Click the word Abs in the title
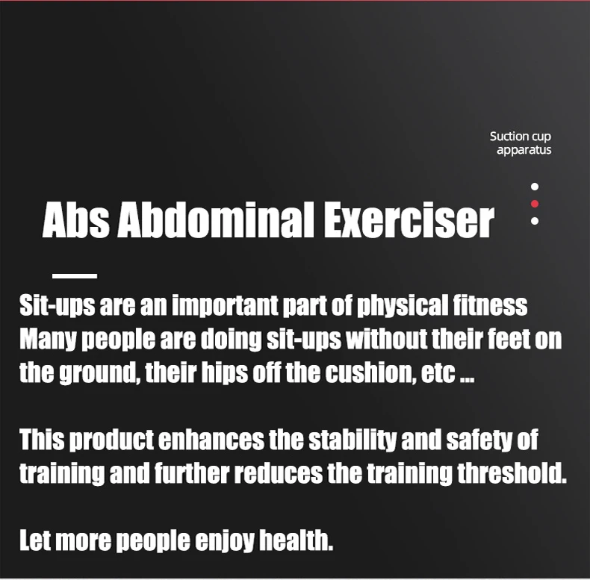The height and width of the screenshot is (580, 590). [76, 219]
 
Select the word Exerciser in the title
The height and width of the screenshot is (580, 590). [409, 219]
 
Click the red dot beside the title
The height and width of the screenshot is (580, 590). [534, 204]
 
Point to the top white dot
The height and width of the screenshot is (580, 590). [534, 187]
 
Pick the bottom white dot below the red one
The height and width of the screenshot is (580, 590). [534, 221]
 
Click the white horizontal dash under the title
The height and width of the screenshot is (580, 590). [75, 276]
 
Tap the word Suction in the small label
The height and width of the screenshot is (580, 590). [507, 136]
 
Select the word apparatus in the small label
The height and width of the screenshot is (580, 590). [524, 150]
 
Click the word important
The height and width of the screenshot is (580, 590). [225, 305]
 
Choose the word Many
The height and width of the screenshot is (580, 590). [48, 340]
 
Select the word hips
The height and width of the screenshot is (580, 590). [225, 373]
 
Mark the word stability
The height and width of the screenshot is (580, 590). [353, 440]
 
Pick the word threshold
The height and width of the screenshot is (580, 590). [512, 473]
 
